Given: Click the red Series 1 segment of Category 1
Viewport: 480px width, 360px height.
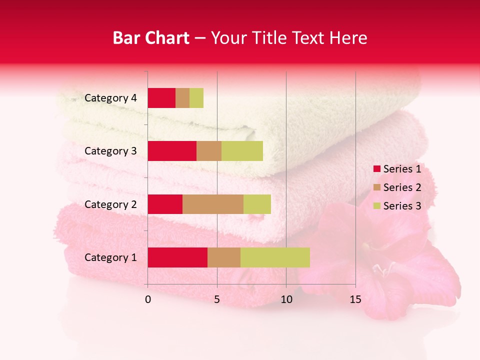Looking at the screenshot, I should pos(177,257).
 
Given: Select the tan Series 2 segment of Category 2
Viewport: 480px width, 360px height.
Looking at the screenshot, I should pos(213,204).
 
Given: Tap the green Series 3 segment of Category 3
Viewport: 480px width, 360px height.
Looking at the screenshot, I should pos(242,151).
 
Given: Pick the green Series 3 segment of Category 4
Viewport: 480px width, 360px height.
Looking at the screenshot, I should pos(196,98).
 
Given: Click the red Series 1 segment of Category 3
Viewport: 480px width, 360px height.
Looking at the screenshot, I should pos(172,151).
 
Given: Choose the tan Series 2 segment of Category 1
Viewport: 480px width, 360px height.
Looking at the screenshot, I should pos(224,257).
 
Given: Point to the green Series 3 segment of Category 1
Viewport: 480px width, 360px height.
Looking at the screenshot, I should pos(275,257).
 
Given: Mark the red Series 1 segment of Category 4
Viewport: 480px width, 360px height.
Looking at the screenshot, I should pos(161,98).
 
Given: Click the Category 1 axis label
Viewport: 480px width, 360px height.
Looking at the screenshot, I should pos(110,257).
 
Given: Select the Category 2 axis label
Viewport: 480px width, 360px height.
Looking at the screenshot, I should pos(110,204).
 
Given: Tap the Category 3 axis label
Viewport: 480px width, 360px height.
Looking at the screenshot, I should pos(110,151).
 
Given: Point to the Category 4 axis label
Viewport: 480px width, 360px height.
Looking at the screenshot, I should pos(110,98).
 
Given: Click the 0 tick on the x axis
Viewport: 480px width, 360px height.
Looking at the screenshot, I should pos(148,299).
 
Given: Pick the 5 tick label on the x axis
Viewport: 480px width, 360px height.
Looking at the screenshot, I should pos(217,299).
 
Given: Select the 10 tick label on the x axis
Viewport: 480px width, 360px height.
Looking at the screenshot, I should pos(286,299).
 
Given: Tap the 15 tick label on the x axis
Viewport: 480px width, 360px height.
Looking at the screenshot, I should pos(355,299).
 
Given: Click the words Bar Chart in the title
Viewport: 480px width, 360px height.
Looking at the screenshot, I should pos(151,38).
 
